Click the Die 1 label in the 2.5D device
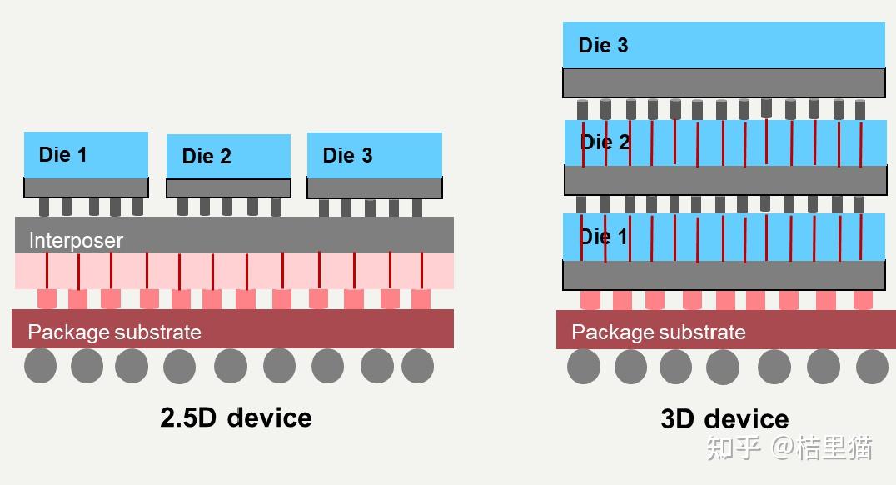coord(62,155)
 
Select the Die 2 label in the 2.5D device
coord(206,157)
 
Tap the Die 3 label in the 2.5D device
coord(347,156)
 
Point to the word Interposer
coord(76,241)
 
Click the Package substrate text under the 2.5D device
coord(114,332)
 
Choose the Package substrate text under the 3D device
coord(658,332)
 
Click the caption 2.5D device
coord(236,417)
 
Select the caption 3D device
coord(724,418)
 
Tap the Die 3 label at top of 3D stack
coord(603,46)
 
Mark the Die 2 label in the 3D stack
coord(605,142)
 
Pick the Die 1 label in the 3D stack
coord(603,237)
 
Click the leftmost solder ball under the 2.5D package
coord(40,366)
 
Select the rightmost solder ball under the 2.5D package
coord(417,366)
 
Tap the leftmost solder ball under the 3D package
coord(583,367)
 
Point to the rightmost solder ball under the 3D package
coord(872,367)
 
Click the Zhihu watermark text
coord(789,447)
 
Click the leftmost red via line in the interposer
coord(47,271)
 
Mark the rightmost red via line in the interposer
coord(422,271)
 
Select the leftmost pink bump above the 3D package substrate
coord(590,299)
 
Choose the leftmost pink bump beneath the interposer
coord(47,298)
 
